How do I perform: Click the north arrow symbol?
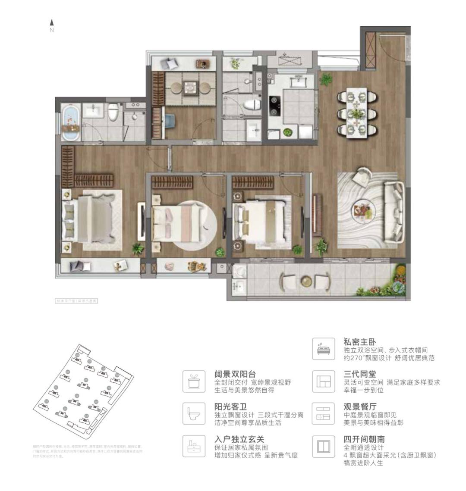click(x=52, y=22)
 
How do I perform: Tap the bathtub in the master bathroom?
click(x=71, y=123)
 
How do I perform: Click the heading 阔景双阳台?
click(x=235, y=374)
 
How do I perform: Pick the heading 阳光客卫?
click(x=230, y=407)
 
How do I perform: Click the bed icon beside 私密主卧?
click(x=323, y=349)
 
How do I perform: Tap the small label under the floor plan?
click(x=76, y=301)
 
